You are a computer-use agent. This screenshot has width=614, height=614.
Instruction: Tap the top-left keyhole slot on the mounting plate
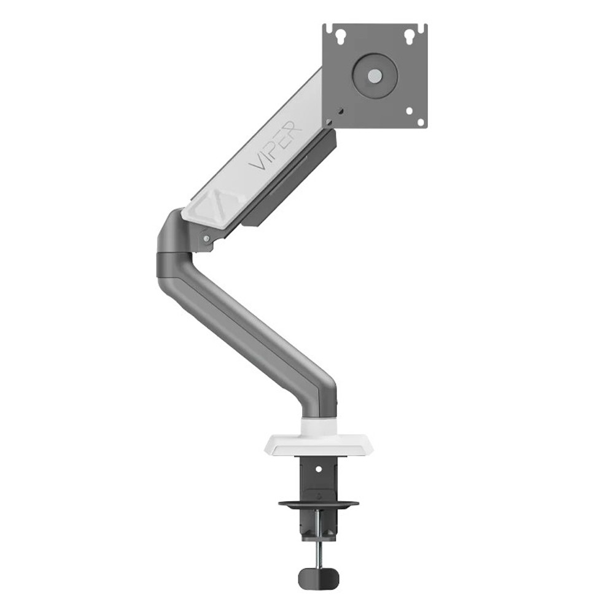click(x=340, y=35)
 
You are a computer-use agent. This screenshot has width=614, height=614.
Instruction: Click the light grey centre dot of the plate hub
click(x=375, y=76)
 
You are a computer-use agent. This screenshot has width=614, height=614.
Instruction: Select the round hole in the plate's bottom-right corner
click(x=421, y=123)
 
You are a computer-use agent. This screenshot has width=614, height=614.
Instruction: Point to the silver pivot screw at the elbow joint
click(x=206, y=238)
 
